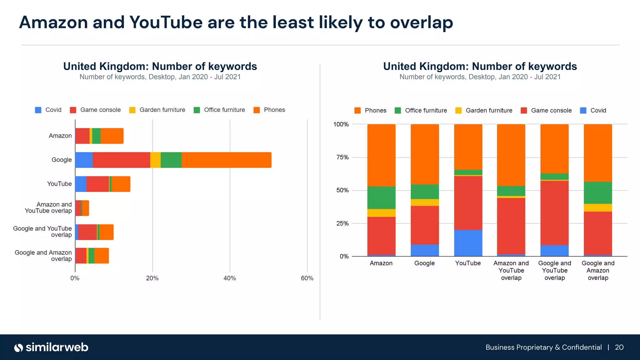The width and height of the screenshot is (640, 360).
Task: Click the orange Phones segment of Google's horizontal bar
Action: click(x=226, y=160)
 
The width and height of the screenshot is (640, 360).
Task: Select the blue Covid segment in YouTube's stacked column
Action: click(x=468, y=243)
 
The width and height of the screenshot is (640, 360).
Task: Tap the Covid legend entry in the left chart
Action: click(x=48, y=110)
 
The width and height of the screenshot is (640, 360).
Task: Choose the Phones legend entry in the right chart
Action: click(x=371, y=111)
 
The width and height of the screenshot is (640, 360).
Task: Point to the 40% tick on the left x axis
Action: click(x=230, y=278)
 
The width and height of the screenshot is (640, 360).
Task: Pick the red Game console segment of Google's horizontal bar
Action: click(x=121, y=160)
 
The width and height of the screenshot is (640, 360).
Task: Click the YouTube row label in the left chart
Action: click(x=59, y=184)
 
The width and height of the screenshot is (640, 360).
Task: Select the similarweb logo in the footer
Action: click(x=51, y=347)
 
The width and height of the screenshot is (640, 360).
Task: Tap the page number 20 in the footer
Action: click(x=619, y=347)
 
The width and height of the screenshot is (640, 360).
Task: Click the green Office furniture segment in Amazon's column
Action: click(x=381, y=197)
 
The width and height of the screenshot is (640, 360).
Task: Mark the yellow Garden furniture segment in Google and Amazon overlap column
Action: click(x=597, y=208)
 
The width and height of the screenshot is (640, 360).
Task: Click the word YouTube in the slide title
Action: click(x=166, y=22)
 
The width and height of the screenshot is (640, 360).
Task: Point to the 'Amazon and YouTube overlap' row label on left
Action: click(x=48, y=207)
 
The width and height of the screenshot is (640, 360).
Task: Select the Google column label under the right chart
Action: click(x=424, y=263)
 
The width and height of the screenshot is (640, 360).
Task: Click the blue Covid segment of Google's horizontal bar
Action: click(x=84, y=160)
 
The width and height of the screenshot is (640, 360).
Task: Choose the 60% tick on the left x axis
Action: click(x=307, y=278)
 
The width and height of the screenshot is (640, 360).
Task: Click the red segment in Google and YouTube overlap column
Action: click(x=554, y=212)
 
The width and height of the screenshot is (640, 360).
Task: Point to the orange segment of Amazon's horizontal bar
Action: click(x=112, y=136)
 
